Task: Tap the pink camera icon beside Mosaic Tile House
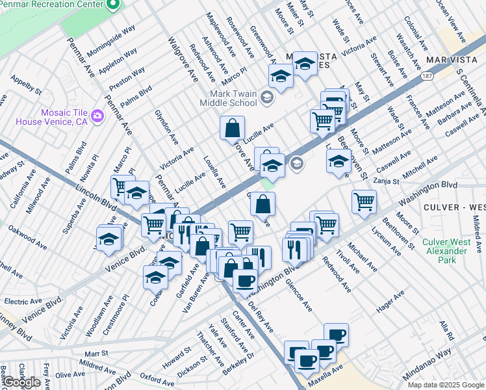pos(98,116)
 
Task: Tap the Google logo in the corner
pos(21,382)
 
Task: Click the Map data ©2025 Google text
pos(446,385)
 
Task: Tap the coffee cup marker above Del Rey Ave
pos(245,281)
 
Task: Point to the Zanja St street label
pos(386,181)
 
